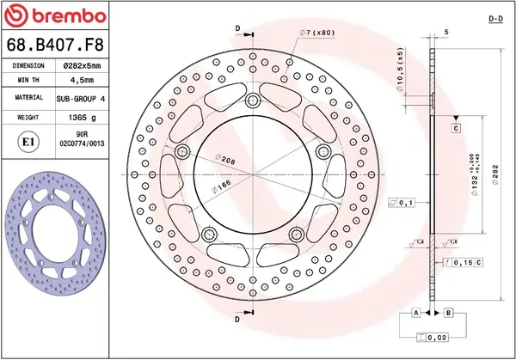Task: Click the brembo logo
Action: (56, 16)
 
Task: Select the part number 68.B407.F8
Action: (55, 44)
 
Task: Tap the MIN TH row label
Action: (29, 81)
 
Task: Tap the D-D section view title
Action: (495, 17)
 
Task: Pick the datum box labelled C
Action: (456, 128)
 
